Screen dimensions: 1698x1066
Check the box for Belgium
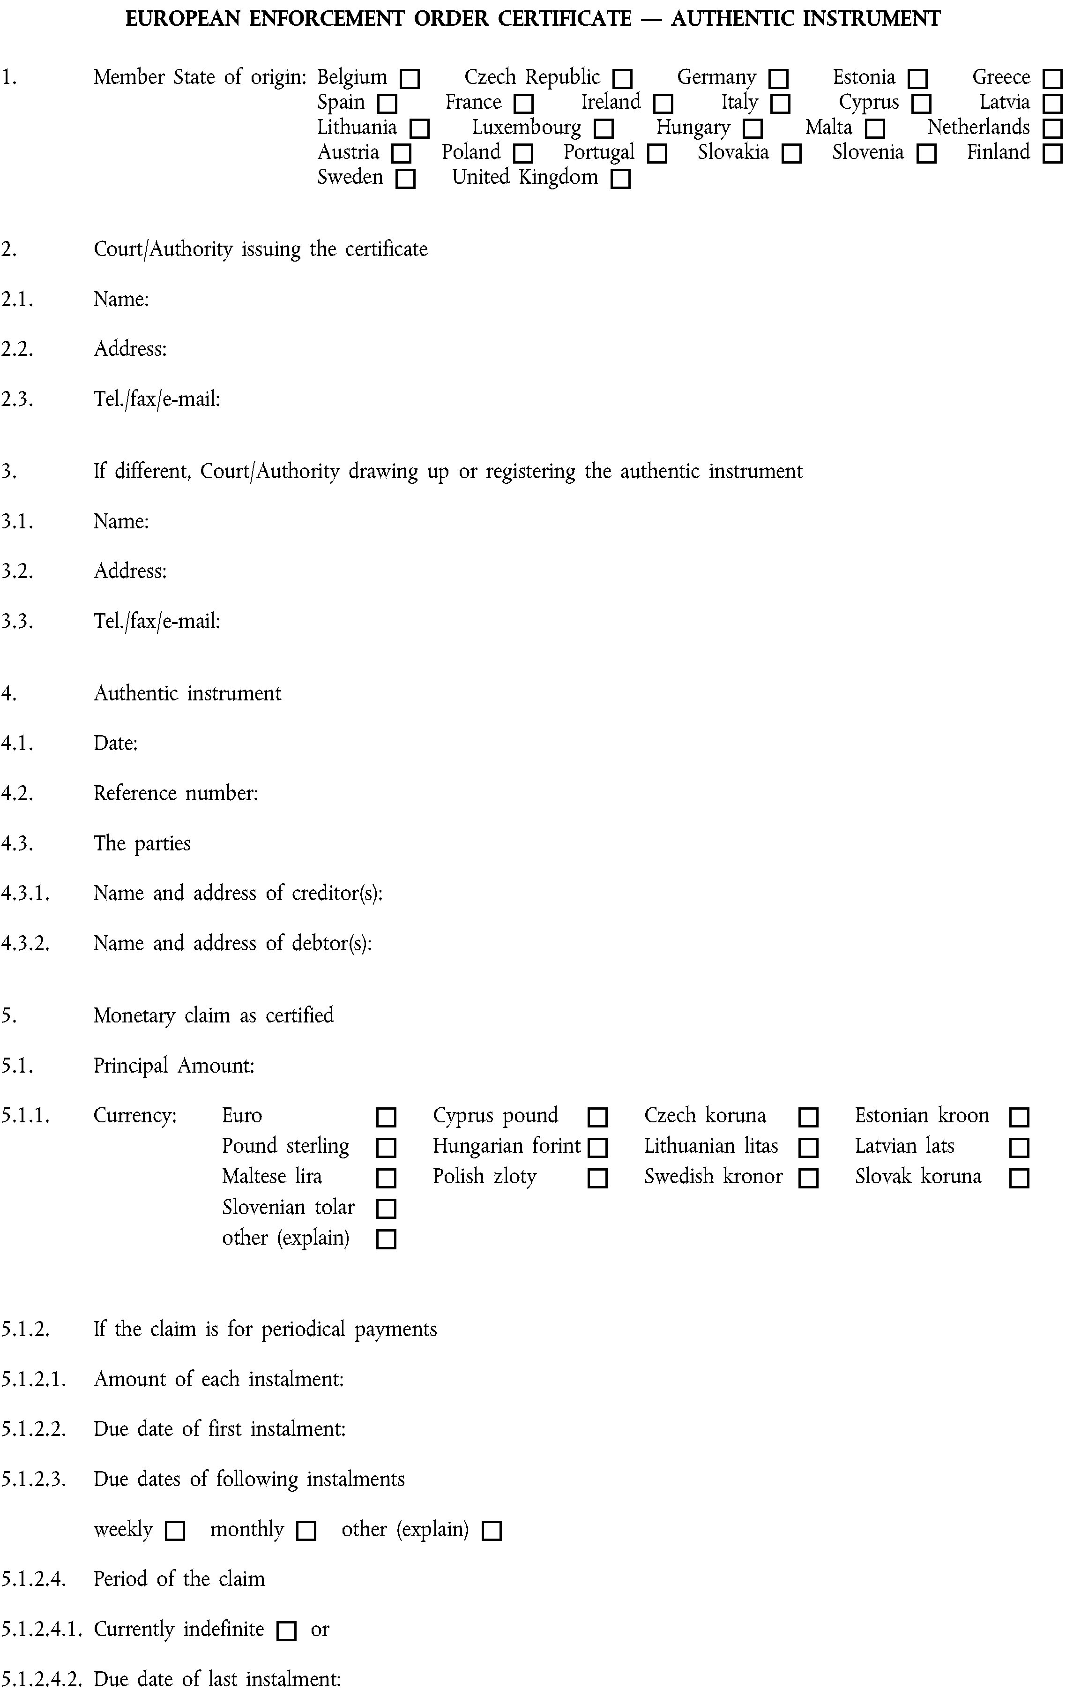(x=410, y=78)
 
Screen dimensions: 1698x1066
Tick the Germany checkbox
(x=778, y=78)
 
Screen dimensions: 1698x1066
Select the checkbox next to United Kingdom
(x=620, y=179)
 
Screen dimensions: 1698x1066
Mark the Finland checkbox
(x=1052, y=154)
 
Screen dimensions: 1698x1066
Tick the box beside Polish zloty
(x=597, y=1178)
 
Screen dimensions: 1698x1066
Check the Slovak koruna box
(x=1019, y=1178)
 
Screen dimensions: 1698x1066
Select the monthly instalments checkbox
(x=306, y=1531)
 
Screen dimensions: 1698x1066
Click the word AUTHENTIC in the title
(x=732, y=18)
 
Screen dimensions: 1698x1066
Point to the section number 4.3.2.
(x=25, y=944)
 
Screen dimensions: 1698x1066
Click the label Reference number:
(x=176, y=793)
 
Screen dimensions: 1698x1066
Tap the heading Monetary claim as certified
(x=214, y=1015)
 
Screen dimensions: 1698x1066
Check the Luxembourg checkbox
(x=604, y=129)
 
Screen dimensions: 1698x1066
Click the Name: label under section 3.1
(x=121, y=521)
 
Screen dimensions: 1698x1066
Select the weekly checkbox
(x=174, y=1531)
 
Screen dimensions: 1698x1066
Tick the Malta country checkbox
(x=875, y=129)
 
